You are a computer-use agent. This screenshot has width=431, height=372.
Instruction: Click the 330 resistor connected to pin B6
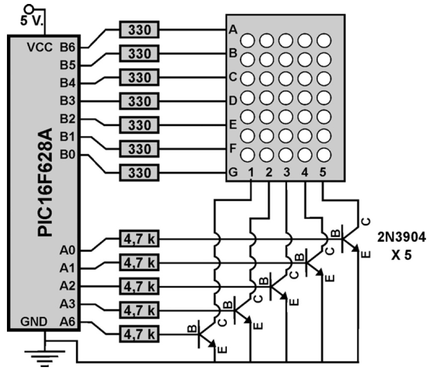[139, 30]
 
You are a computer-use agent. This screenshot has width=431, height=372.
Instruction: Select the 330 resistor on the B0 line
[139, 173]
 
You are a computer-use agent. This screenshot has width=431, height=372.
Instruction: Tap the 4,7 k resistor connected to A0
[139, 239]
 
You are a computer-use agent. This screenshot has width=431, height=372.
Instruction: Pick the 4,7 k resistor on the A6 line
[139, 334]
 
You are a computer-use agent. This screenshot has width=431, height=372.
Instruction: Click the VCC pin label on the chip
[40, 47]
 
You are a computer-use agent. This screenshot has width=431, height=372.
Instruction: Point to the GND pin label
[34, 321]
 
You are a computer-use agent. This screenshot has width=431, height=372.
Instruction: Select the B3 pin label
[68, 101]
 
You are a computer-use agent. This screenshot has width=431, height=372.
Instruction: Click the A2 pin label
[68, 286]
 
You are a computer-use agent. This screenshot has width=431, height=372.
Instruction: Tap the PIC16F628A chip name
[45, 182]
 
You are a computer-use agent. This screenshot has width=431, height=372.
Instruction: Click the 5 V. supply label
[32, 20]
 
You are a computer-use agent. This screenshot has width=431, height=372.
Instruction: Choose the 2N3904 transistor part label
[401, 237]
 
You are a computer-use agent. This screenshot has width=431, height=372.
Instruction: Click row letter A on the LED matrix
[233, 29]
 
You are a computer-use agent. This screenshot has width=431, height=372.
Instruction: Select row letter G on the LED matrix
[233, 172]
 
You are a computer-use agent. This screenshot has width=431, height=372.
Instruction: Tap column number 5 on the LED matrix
[323, 172]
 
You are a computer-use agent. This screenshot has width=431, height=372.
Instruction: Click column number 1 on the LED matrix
[251, 172]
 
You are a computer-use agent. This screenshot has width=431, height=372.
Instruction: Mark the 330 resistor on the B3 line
[139, 101]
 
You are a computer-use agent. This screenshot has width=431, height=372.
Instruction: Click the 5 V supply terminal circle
[28, 9]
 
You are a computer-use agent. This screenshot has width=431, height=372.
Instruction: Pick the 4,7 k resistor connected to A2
[139, 287]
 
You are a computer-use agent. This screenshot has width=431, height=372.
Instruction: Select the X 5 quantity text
[402, 255]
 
